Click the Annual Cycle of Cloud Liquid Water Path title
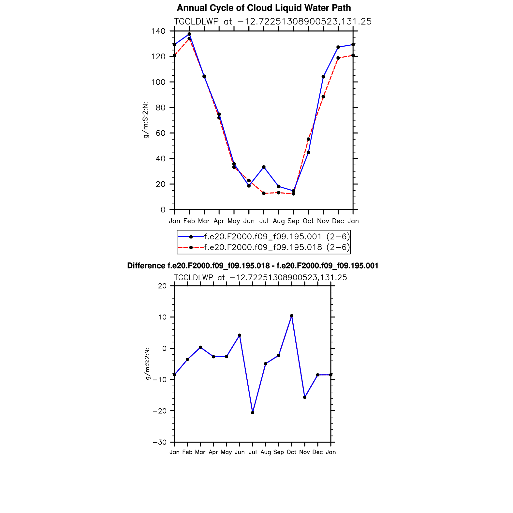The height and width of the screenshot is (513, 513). (264, 8)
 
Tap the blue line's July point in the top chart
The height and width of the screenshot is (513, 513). (264, 167)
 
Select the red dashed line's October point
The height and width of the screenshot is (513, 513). (308, 139)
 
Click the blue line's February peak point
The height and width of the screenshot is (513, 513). (189, 34)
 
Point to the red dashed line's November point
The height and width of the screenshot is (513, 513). (323, 97)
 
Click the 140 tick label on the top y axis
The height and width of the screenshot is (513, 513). (158, 31)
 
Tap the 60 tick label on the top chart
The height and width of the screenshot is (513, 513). (160, 133)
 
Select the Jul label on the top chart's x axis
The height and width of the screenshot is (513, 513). (264, 221)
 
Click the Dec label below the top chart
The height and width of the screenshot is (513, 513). (338, 221)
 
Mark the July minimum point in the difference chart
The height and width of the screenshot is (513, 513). (253, 413)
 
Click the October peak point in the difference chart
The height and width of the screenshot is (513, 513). (292, 316)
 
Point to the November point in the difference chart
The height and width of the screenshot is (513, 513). (305, 397)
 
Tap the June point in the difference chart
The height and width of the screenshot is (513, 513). (240, 335)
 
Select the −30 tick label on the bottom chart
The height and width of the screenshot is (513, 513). (159, 442)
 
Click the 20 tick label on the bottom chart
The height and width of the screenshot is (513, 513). (162, 286)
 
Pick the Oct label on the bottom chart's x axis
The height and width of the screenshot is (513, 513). (292, 452)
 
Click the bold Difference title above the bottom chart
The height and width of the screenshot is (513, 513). (253, 266)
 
